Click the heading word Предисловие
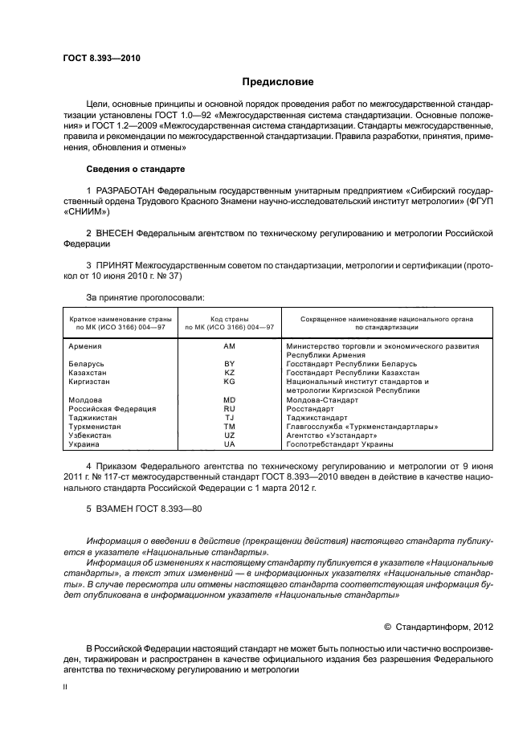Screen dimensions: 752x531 click(278, 82)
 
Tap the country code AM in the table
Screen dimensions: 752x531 click(229, 345)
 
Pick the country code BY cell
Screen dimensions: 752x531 click(229, 364)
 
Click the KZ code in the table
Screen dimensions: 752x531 click(229, 373)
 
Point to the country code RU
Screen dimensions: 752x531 click(229, 409)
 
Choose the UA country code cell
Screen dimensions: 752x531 click(229, 444)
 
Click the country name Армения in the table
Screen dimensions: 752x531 click(86, 345)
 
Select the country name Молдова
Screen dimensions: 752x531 click(86, 400)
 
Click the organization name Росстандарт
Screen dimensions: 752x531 click(310, 409)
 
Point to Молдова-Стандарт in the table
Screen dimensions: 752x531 click(321, 400)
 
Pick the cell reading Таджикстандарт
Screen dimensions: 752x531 click(317, 418)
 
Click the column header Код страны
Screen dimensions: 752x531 click(229, 319)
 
